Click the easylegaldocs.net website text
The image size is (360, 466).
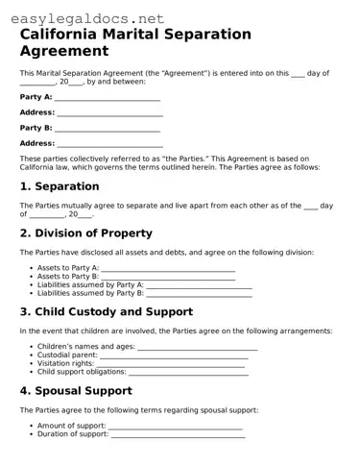point(84,17)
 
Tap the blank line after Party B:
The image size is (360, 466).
point(108,129)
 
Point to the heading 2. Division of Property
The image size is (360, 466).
point(86,233)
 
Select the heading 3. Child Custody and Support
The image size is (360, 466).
point(107,311)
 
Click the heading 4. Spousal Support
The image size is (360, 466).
point(76,390)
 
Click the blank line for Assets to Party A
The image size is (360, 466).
point(168,269)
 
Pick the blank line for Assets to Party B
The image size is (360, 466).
point(168,277)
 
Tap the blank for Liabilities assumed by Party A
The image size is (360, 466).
point(199,285)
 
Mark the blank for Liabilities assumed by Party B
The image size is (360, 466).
point(199,293)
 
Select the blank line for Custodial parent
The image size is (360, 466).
point(174,356)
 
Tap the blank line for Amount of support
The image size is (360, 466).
point(176,426)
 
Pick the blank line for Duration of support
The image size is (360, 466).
point(178,434)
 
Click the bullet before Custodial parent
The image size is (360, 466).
point(32,356)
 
